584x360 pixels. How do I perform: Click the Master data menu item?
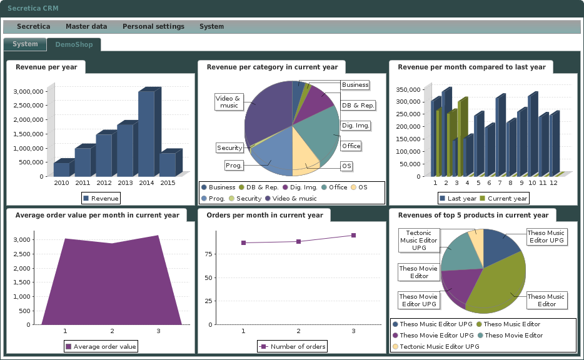(86, 27)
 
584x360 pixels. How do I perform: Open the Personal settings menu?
(153, 27)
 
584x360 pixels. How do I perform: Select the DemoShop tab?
(74, 45)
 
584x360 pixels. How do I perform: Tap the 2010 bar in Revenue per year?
(61, 169)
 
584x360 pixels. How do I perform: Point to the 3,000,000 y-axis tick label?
(28, 91)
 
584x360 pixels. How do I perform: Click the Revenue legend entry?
(101, 199)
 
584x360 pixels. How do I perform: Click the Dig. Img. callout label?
(356, 126)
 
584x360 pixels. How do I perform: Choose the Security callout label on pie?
(229, 148)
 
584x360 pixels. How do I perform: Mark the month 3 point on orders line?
(353, 236)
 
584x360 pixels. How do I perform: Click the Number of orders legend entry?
(292, 347)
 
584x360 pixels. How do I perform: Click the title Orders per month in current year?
(264, 216)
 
